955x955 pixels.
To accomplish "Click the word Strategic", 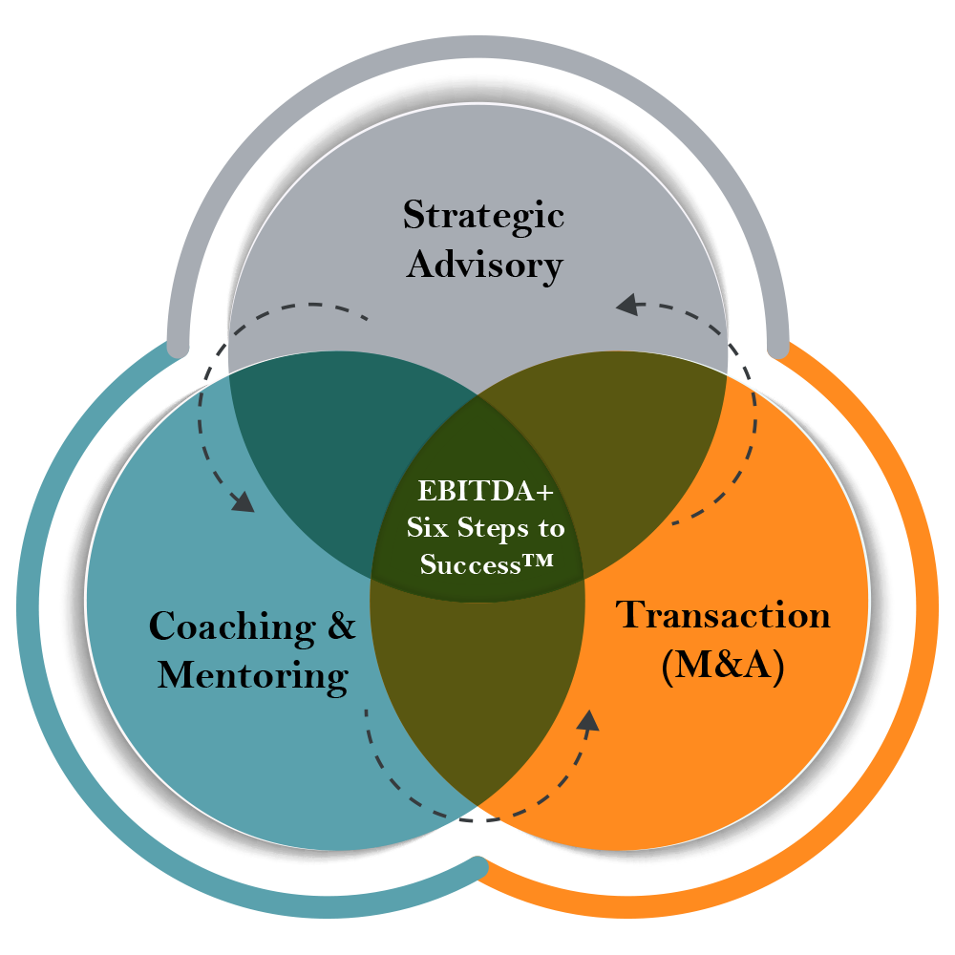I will click(483, 216).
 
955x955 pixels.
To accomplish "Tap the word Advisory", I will click(484, 265).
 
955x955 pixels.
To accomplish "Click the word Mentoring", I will click(252, 675).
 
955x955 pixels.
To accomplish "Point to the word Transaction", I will click(723, 614).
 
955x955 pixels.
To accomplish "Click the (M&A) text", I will click(723, 667).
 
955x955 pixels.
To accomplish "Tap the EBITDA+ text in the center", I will click(485, 493).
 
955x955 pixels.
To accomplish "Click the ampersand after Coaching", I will click(341, 626).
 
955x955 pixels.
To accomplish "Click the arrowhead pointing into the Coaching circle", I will click(244, 501).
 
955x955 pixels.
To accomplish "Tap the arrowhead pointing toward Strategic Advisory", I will click(627, 306).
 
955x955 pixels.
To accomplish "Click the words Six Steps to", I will click(485, 528).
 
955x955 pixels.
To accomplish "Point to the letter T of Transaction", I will click(631, 614).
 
